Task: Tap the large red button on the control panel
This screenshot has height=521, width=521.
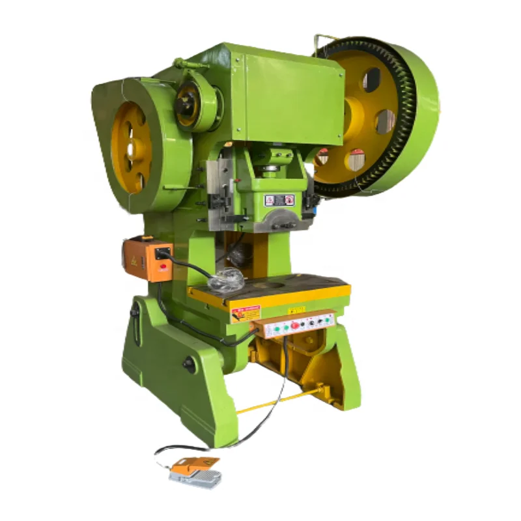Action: pyautogui.click(x=294, y=325)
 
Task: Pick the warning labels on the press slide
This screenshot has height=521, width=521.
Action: pyautogui.click(x=279, y=200)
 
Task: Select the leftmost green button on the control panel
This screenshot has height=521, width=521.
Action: pyautogui.click(x=276, y=329)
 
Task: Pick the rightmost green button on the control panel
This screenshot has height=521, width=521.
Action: pyautogui.click(x=328, y=319)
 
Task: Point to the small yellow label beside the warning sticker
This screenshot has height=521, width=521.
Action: pyautogui.click(x=296, y=310)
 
